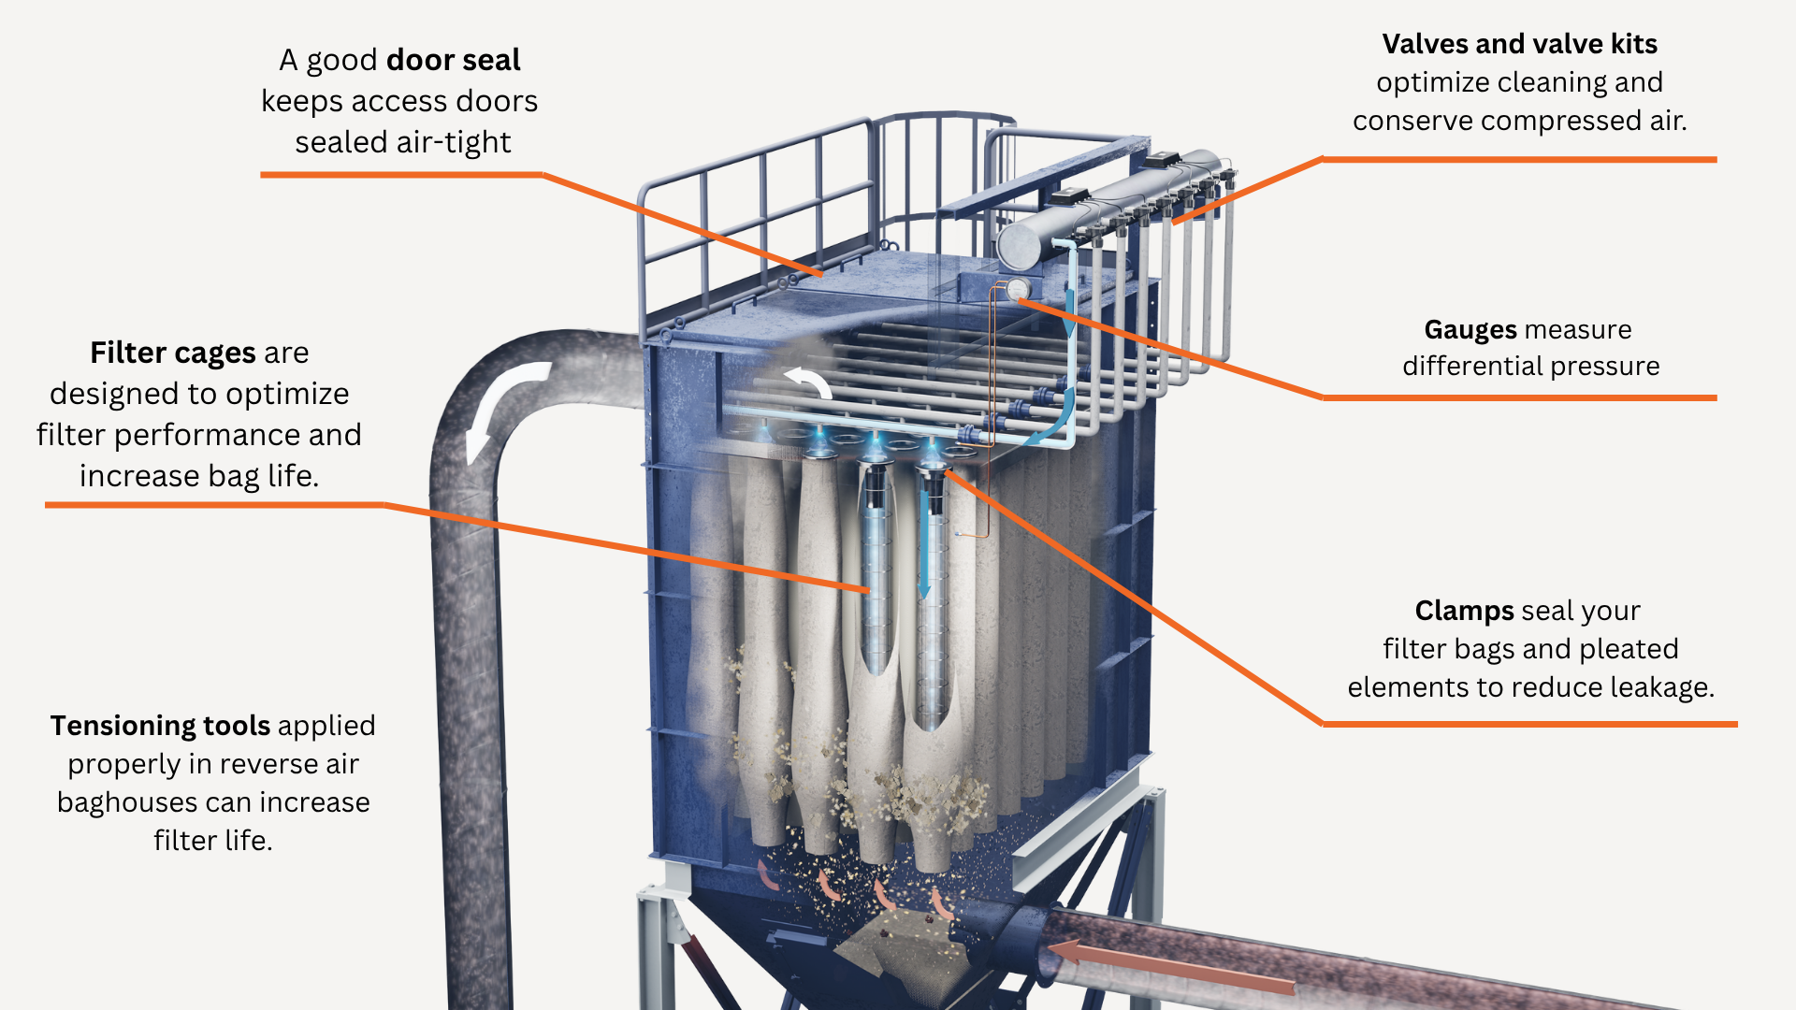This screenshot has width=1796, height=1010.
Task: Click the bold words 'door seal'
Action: click(453, 60)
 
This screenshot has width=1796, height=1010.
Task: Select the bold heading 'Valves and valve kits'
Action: click(1519, 44)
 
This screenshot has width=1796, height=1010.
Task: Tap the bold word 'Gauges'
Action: click(1470, 330)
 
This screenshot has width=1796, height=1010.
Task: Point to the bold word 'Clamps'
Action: click(1464, 611)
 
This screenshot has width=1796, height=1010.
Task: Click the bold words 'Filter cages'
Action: click(173, 353)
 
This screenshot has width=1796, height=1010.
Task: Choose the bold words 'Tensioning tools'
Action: click(160, 726)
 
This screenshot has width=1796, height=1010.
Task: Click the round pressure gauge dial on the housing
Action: click(1017, 289)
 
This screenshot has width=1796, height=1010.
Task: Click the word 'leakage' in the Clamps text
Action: click(1660, 687)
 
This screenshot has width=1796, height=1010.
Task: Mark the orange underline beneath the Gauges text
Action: click(1519, 397)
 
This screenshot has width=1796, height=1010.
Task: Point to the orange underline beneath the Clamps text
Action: click(1529, 724)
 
